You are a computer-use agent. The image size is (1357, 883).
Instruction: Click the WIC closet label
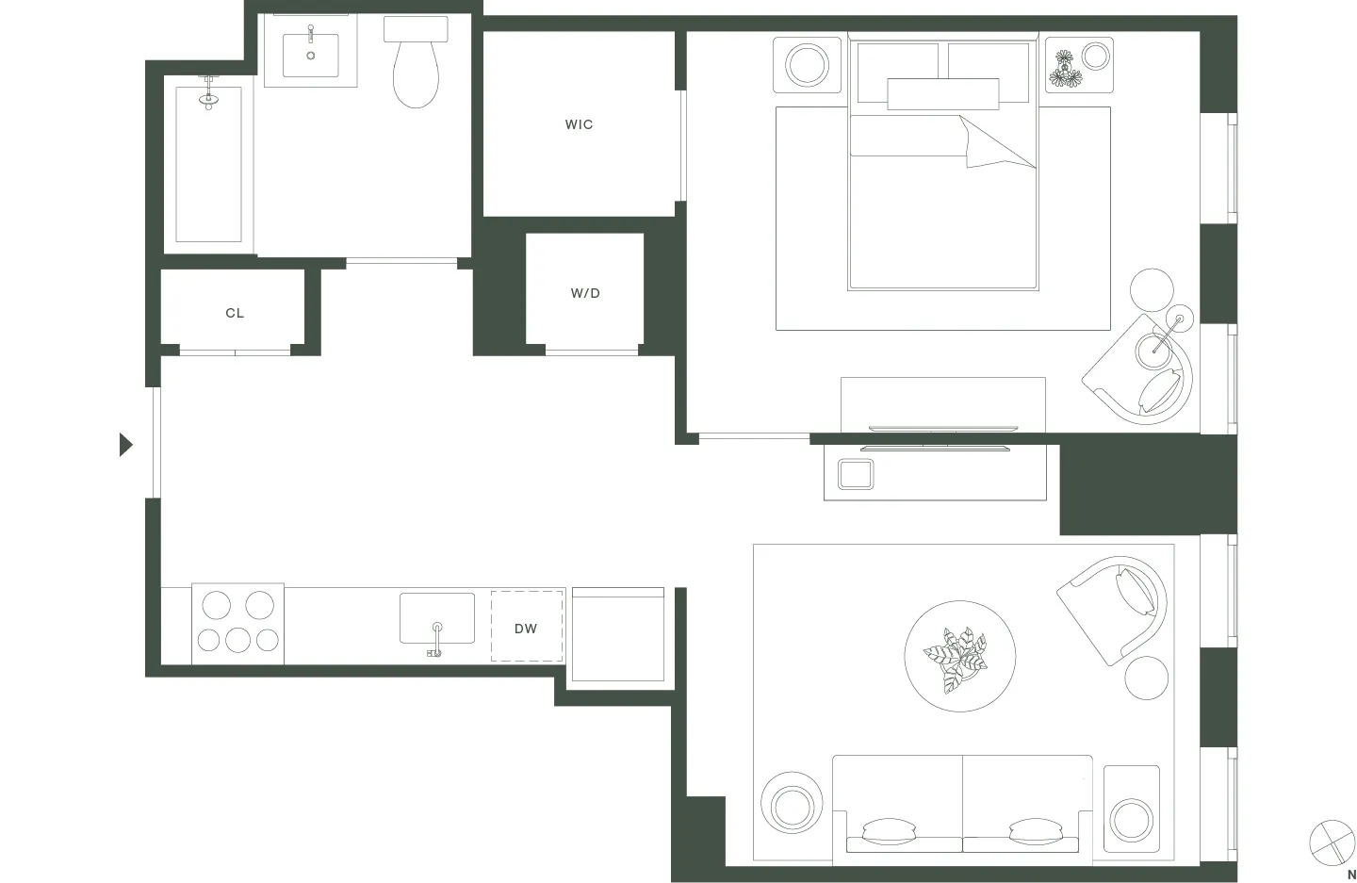coord(579,124)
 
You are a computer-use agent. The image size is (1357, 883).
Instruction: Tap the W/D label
coord(585,293)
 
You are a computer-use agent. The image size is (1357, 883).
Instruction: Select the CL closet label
coord(235,313)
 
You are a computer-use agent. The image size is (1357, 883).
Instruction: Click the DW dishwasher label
coord(526,629)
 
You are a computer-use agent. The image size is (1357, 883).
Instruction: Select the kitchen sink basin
coord(436,617)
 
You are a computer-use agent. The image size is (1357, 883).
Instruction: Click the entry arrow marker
coord(125,444)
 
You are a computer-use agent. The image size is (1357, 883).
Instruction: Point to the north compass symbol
coord(1332,842)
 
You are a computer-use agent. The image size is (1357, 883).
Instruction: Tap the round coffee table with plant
coord(959,656)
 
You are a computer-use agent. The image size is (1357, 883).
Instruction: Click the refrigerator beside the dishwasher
coord(618,634)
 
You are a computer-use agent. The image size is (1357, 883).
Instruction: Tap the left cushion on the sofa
coord(889,830)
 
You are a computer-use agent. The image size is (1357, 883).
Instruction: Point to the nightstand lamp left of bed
coord(807,65)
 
